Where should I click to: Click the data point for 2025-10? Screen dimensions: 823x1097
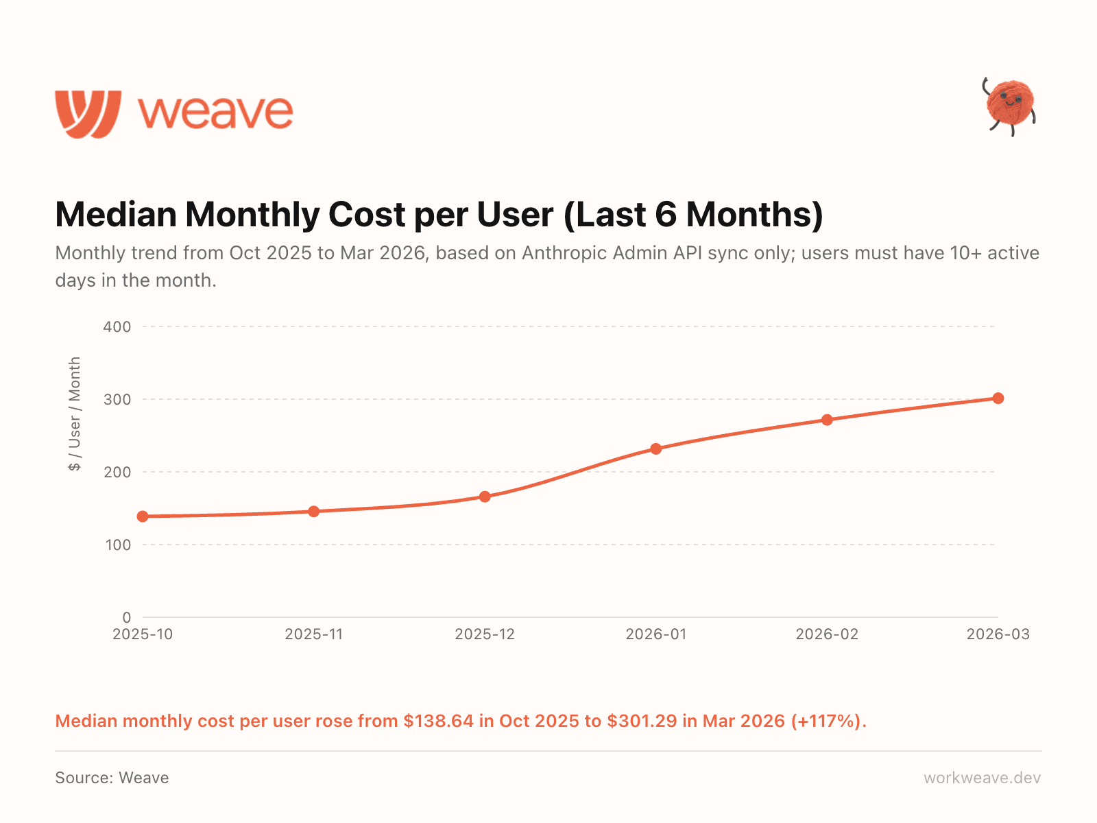(x=143, y=516)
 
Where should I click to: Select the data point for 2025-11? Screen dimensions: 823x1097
(x=314, y=511)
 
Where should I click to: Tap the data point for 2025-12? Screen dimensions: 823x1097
(x=485, y=497)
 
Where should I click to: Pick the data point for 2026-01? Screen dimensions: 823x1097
(x=656, y=449)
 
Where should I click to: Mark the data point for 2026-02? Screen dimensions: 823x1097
(x=827, y=420)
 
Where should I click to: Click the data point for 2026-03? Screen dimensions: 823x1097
(x=998, y=398)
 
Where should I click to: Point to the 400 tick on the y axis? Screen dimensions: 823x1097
(x=117, y=326)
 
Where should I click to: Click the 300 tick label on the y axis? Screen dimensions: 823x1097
(x=117, y=399)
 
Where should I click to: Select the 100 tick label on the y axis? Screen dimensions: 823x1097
(x=117, y=545)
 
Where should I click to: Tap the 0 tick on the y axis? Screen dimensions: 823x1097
(x=127, y=617)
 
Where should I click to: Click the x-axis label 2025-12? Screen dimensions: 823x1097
(x=485, y=634)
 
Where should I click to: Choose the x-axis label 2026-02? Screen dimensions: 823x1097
(x=827, y=634)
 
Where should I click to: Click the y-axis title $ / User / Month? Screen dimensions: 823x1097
(x=75, y=414)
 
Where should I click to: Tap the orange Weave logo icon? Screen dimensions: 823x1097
(x=88, y=114)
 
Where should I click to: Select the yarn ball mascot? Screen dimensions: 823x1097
(x=1009, y=106)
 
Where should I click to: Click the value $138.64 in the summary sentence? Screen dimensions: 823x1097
(x=438, y=721)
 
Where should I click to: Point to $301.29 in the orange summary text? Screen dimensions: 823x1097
(x=642, y=721)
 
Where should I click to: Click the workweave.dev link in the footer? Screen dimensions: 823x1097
(x=982, y=778)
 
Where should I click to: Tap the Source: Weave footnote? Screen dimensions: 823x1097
(x=112, y=778)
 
